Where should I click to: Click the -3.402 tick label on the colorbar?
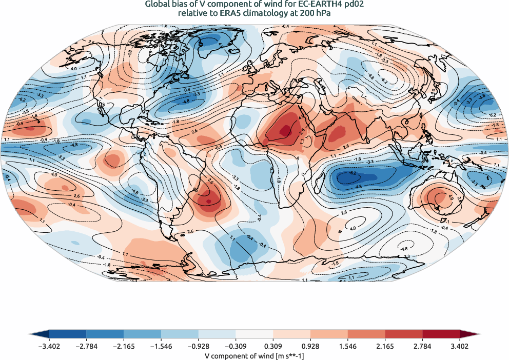(x=49, y=346)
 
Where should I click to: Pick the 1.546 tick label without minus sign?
(x=348, y=346)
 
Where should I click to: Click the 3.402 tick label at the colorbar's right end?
(x=460, y=346)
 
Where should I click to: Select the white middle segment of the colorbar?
(x=254, y=335)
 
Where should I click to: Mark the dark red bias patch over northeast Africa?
(x=282, y=128)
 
